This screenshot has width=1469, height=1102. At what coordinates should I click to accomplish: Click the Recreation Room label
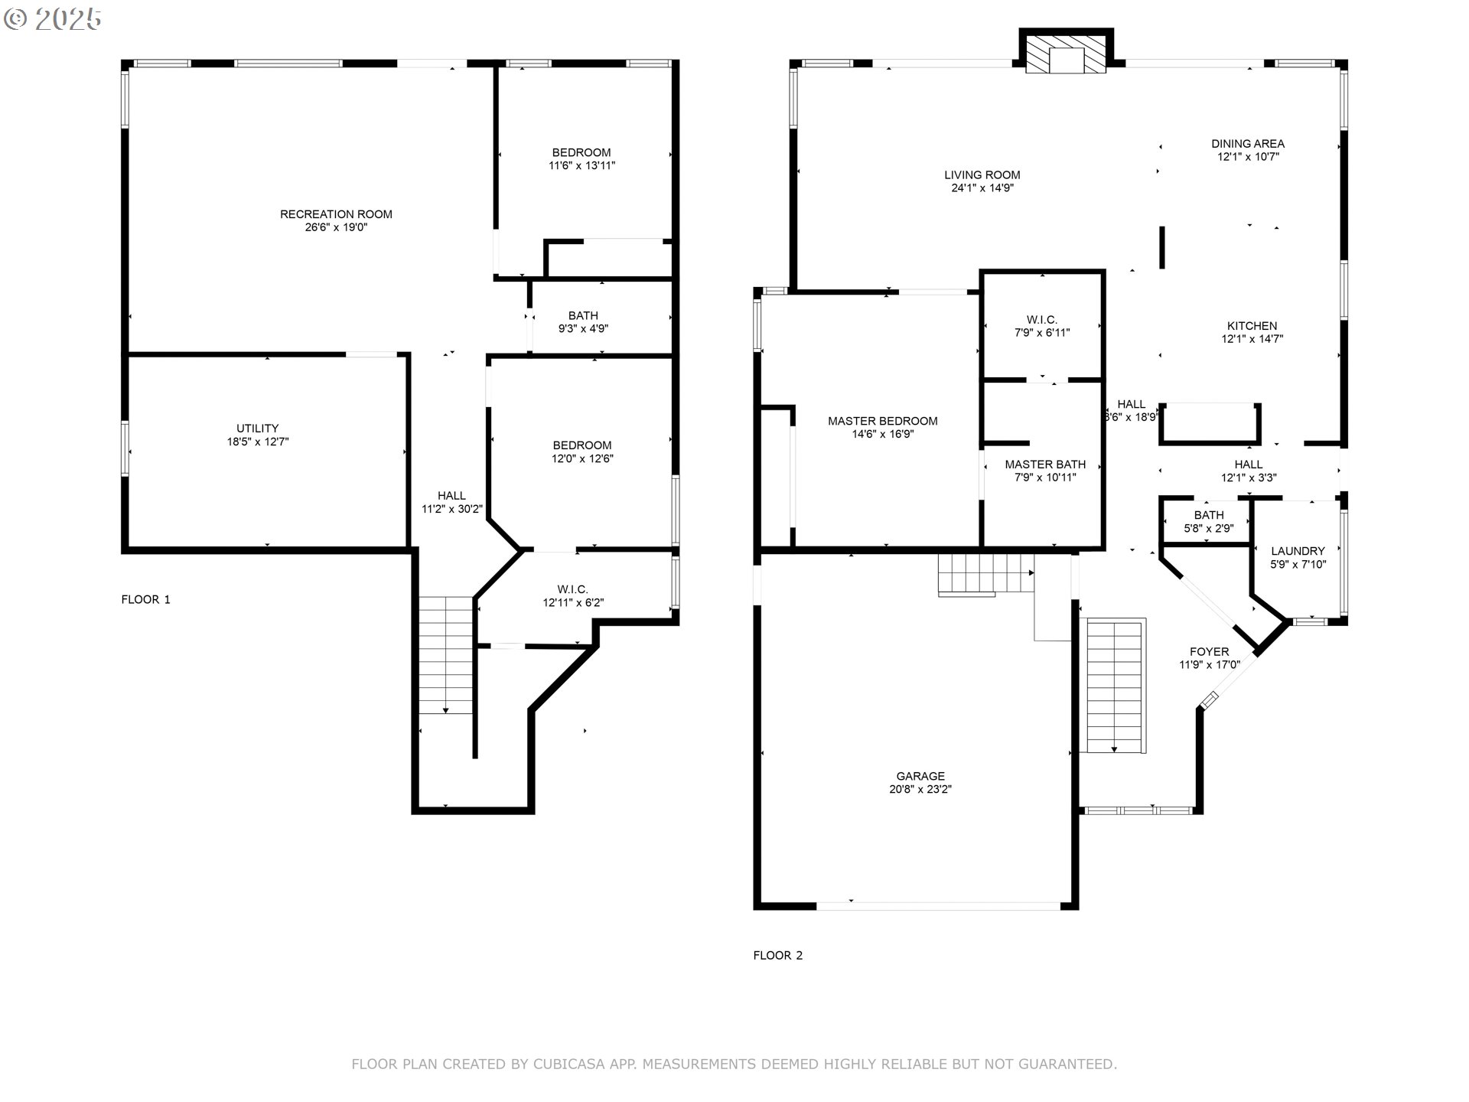pos(336,214)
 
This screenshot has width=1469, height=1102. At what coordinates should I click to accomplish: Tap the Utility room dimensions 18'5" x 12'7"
pos(257,442)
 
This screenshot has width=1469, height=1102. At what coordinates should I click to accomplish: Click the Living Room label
pos(982,175)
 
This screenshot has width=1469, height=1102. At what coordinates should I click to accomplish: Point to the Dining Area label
pos(1248,144)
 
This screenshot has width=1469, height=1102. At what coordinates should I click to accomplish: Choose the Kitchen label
pos(1252,326)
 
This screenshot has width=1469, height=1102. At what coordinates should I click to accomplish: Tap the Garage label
pos(920,776)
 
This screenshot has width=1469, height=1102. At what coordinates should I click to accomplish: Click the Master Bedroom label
pos(882,421)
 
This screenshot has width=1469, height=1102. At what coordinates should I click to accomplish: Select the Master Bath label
pos(1045,465)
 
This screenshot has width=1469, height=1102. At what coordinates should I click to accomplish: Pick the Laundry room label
pos(1298,551)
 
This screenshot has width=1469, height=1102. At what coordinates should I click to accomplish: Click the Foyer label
pos(1209,652)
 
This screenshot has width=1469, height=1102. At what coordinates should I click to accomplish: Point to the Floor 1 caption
pos(145,599)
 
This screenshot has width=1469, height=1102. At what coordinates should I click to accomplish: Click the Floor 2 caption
pos(777,955)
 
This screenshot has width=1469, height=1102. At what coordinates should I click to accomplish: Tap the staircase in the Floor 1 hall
pos(446,655)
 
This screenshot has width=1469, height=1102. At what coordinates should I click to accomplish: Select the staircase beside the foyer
pos(1116,686)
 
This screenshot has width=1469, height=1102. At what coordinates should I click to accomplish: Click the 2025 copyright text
pos(53,19)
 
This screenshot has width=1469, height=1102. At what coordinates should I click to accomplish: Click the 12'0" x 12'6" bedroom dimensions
pos(582,459)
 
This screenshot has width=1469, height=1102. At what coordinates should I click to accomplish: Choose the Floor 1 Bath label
pos(583,315)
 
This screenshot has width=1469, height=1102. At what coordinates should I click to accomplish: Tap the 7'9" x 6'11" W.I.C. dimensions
pos(1041,333)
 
